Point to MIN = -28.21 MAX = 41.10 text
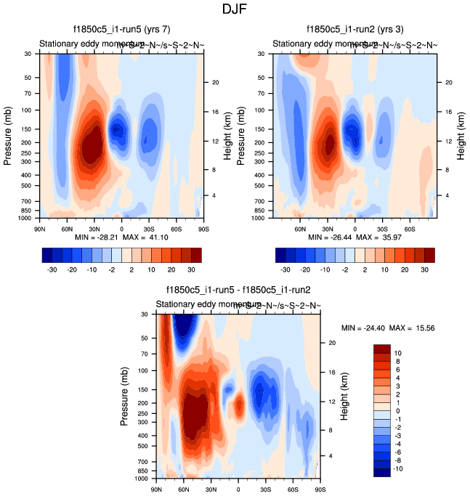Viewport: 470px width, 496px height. pos(121,237)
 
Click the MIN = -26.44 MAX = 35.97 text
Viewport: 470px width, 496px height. pos(355,237)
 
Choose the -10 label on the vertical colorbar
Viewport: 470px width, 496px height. pos(397,469)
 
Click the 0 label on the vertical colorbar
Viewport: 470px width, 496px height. pos(397,410)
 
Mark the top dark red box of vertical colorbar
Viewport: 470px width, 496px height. pos(381,350)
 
